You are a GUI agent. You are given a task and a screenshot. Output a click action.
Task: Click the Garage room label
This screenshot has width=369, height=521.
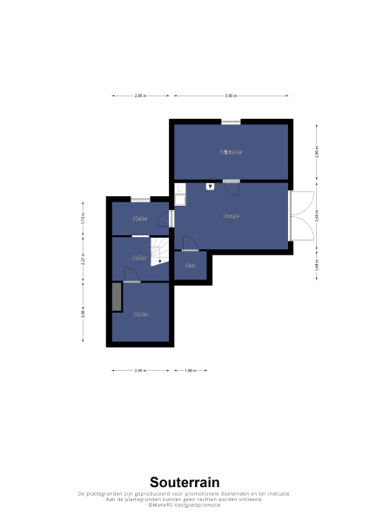click(x=231, y=216)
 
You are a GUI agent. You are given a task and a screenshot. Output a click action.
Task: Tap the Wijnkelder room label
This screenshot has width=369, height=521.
click(x=231, y=152)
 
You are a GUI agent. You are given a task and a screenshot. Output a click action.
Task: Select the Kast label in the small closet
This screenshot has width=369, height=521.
click(x=190, y=266)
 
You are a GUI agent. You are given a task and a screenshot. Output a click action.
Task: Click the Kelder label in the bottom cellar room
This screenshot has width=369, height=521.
click(x=141, y=314)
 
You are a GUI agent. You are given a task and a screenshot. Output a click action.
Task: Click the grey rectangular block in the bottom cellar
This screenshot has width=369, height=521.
click(x=117, y=297)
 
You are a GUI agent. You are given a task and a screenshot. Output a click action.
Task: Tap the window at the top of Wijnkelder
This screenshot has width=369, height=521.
click(x=231, y=122)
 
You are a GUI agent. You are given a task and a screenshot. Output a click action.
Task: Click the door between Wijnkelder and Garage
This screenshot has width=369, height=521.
click(x=231, y=181)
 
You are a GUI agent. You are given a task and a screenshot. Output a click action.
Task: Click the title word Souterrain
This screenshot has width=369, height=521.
click(x=184, y=482)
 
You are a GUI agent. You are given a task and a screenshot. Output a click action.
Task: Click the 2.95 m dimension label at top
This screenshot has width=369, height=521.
click(x=140, y=96)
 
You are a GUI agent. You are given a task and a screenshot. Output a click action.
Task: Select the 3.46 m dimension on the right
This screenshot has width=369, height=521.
click(x=317, y=216)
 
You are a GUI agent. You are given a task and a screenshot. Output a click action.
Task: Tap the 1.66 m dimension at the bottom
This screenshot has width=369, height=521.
click(x=190, y=371)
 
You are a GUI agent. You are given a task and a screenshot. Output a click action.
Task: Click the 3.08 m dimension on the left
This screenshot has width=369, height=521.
click(x=83, y=313)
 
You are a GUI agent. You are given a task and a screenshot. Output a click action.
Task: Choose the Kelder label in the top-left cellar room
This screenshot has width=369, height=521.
click(x=140, y=219)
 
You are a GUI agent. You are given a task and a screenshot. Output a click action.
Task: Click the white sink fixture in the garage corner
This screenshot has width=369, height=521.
click(x=179, y=198)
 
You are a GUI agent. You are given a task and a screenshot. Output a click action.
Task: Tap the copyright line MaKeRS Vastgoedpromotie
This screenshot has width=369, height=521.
click(x=184, y=505)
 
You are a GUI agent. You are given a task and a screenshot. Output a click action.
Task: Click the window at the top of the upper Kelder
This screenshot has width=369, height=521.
click(x=139, y=200)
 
